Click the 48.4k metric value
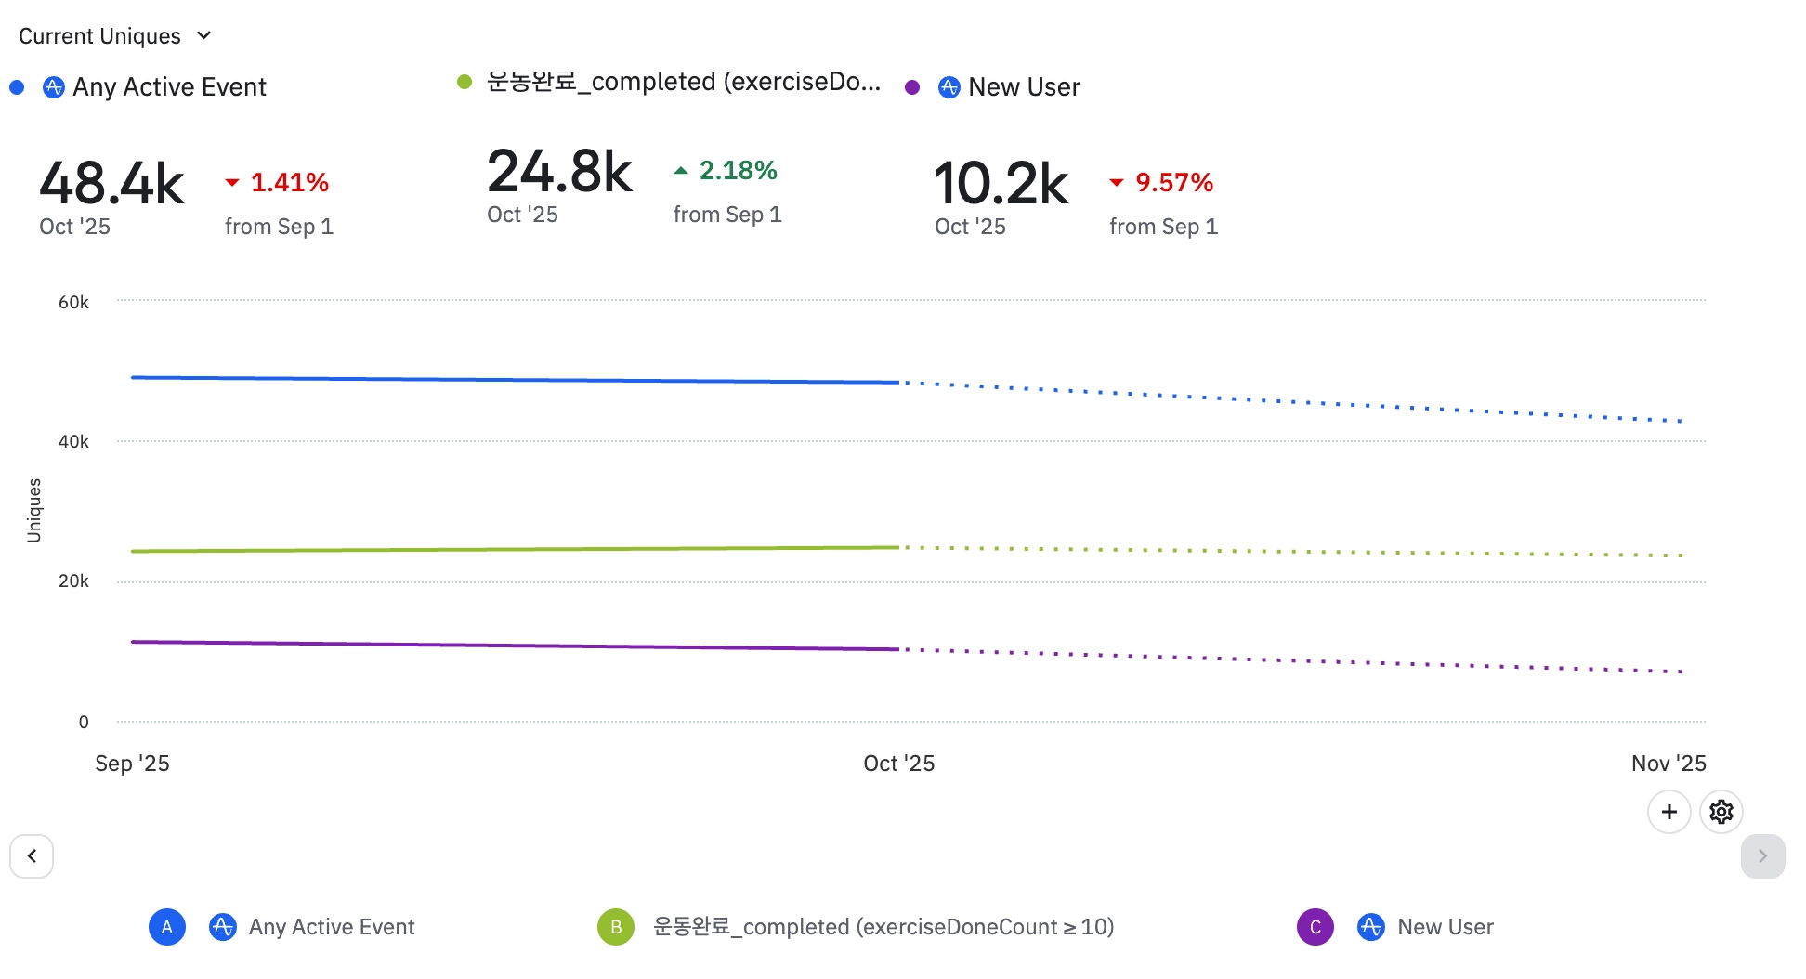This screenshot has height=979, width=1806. [x=111, y=183]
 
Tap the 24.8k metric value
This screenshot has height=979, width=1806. [x=559, y=172]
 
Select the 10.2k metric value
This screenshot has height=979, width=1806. [x=1001, y=183]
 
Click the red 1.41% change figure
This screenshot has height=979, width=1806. [x=289, y=183]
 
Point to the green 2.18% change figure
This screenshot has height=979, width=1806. [x=738, y=171]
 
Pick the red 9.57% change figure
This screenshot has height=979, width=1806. [x=1173, y=183]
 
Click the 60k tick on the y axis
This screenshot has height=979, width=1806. [x=73, y=302]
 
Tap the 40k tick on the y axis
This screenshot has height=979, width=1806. [x=73, y=442]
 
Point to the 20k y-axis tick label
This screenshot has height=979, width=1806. [x=73, y=581]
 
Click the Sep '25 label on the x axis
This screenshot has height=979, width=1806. [x=132, y=764]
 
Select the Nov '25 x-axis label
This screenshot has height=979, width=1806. [x=1669, y=764]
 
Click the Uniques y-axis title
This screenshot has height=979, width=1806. [x=34, y=510]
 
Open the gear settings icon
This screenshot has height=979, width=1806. [x=1721, y=812]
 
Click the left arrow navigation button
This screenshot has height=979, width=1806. [x=32, y=855]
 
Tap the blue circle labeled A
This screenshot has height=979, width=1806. [x=167, y=927]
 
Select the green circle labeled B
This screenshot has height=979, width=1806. [x=615, y=927]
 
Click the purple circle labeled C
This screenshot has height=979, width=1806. [x=1315, y=927]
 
